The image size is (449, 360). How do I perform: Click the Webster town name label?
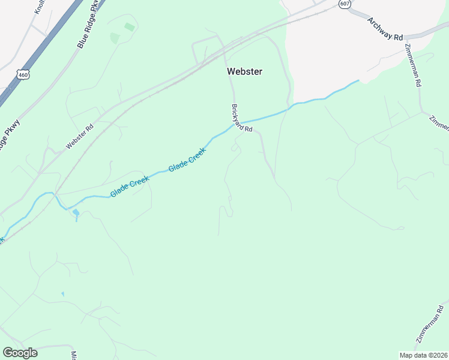coord(244,71)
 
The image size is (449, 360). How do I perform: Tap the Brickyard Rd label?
coord(242,118)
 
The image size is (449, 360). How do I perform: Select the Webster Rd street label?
coord(80,137)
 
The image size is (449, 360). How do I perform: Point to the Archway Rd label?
coord(385,28)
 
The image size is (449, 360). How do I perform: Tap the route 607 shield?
coord(344,4)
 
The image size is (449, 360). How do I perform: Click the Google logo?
coord(20,353)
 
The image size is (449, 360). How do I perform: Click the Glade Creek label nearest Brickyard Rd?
coord(187,160)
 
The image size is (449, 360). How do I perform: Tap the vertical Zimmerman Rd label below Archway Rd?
coord(412,67)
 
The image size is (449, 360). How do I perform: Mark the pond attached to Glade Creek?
coord(76,214)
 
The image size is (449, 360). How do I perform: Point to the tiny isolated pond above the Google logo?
coord(62,293)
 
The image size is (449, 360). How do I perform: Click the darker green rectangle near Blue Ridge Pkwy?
coord(129,27)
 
